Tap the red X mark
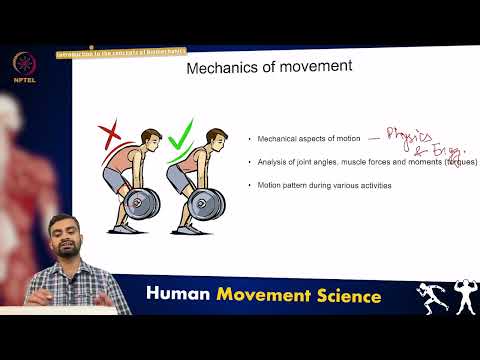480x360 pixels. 111,133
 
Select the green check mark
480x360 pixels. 180,134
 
